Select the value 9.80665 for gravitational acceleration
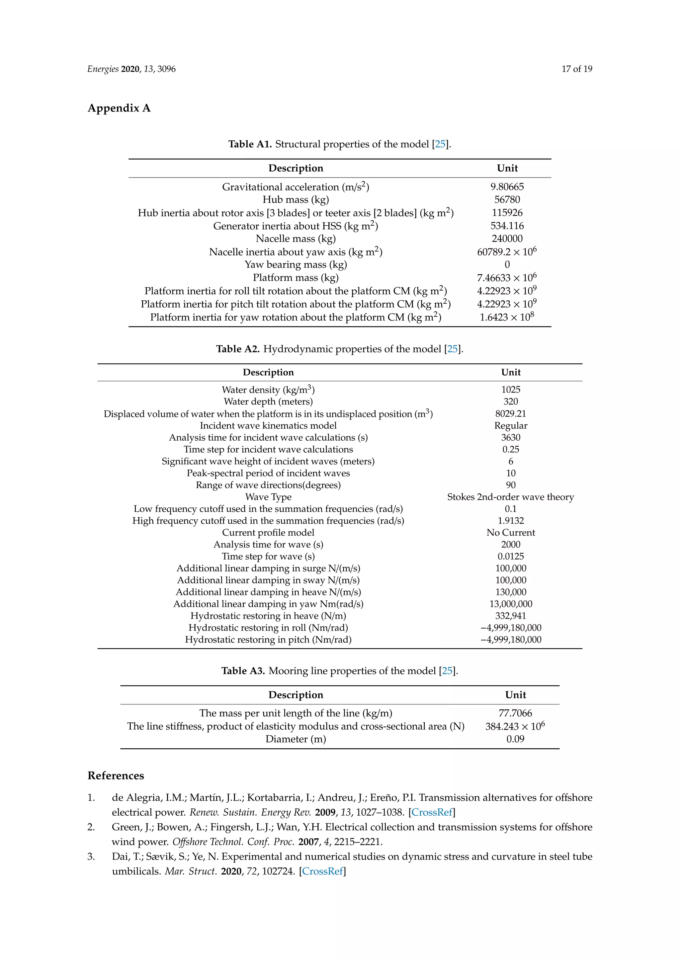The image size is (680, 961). (507, 187)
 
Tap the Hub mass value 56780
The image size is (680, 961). (507, 200)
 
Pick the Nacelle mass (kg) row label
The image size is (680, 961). (296, 239)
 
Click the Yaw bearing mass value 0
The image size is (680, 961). (507, 264)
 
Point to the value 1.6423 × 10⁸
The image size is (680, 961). (507, 317)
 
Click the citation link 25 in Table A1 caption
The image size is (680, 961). (440, 144)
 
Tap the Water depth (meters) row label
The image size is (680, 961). (268, 402)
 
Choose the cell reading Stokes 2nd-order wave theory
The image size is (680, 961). (510, 497)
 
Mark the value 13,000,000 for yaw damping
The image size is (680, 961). (510, 604)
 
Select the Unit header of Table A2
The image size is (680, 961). (510, 373)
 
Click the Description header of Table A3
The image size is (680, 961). (296, 695)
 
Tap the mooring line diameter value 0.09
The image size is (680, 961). (515, 739)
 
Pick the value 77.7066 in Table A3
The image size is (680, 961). (515, 713)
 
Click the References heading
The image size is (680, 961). (116, 776)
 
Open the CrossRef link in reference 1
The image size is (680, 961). (432, 812)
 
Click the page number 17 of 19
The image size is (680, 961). (577, 69)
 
